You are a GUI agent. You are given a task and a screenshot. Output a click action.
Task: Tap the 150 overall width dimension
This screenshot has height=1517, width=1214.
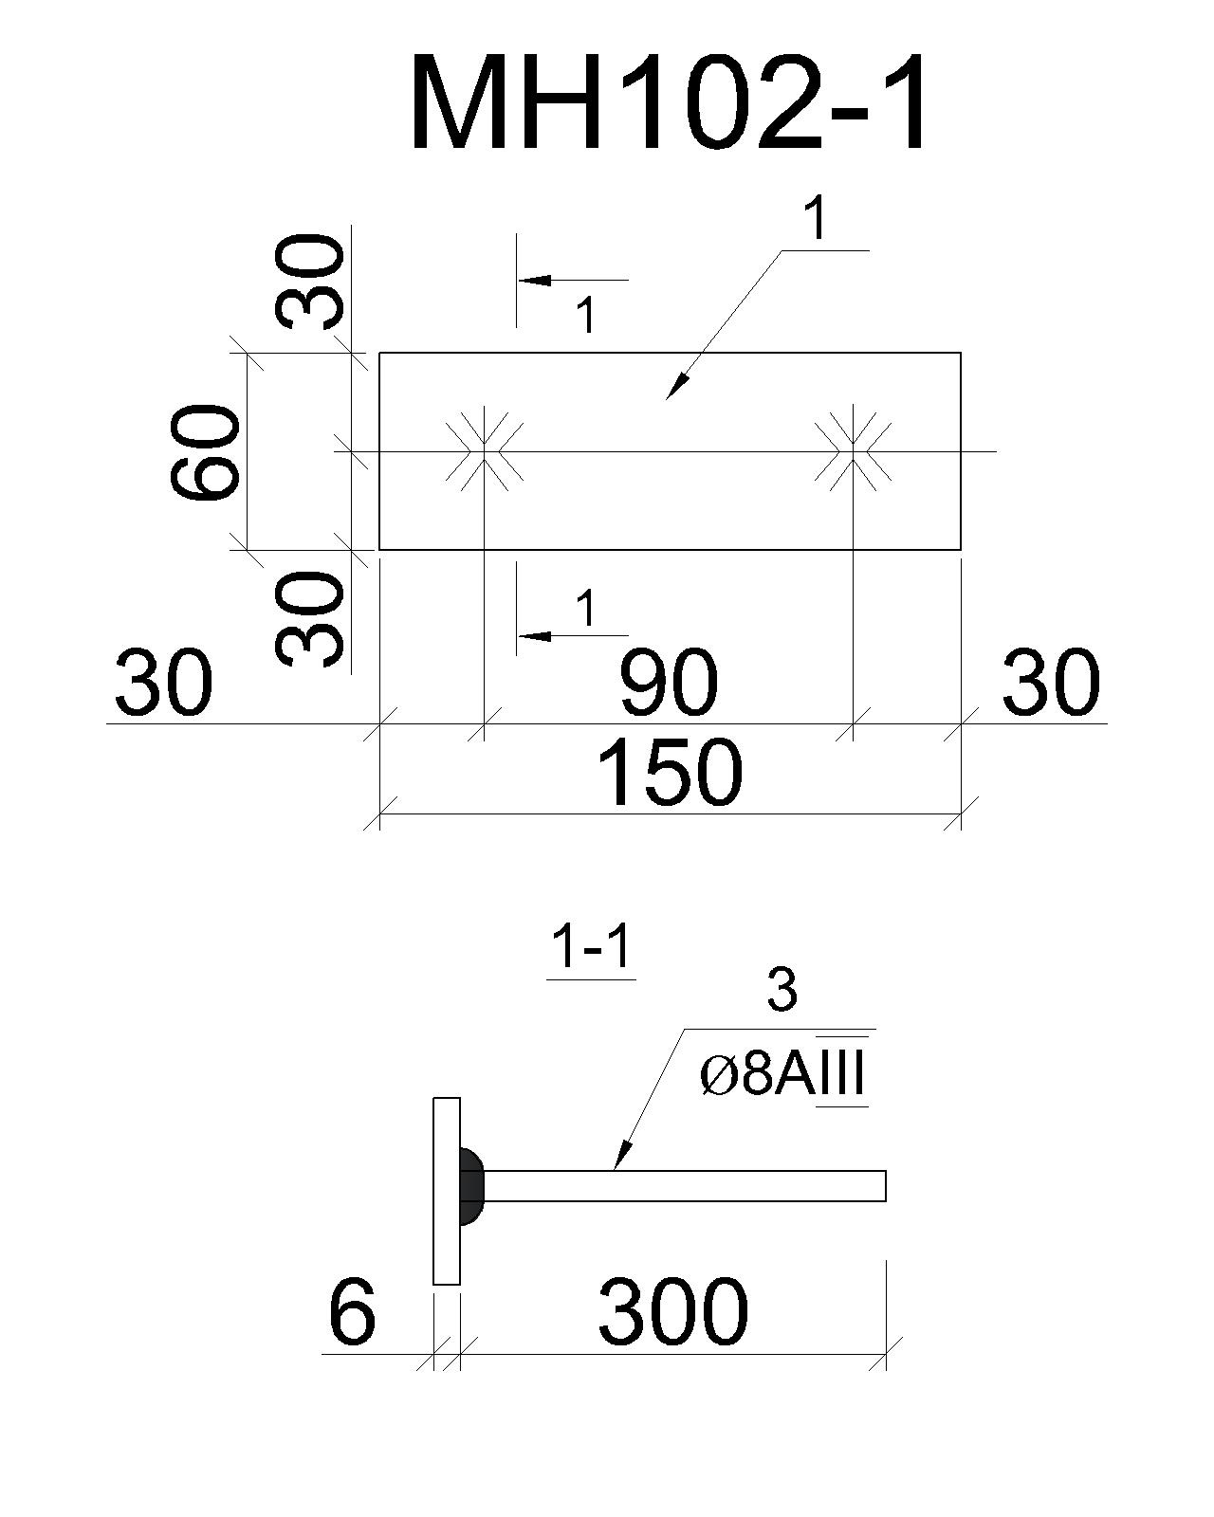coord(670,773)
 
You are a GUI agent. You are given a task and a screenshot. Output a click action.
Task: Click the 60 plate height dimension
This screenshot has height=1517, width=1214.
coord(205,451)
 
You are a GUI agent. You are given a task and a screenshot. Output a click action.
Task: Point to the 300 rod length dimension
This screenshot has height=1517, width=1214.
coord(673,1312)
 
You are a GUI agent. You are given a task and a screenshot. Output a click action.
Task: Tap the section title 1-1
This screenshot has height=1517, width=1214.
coord(591,948)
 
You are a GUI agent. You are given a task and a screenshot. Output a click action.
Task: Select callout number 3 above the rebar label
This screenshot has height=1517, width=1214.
coord(782,991)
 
